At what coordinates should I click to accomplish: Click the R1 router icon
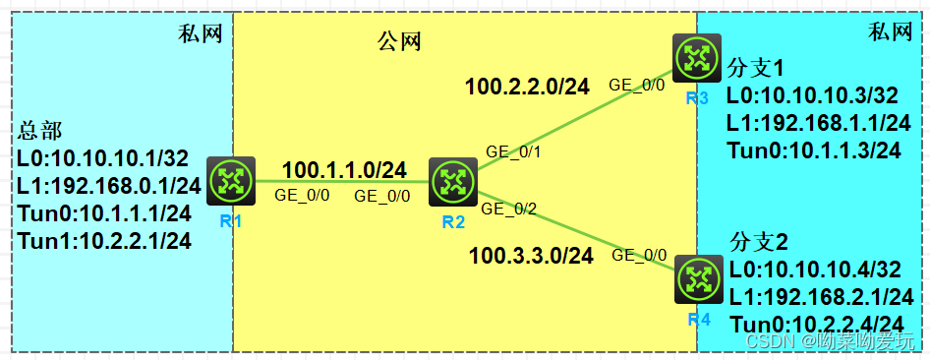click(x=231, y=180)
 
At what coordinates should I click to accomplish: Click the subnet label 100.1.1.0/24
click(x=344, y=170)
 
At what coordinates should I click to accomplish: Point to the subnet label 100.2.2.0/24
click(x=527, y=87)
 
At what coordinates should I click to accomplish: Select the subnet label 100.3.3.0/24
click(x=531, y=257)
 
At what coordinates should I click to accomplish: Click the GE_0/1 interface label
click(x=513, y=151)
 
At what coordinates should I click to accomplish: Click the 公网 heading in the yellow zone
click(x=399, y=41)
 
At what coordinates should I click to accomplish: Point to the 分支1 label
click(x=757, y=69)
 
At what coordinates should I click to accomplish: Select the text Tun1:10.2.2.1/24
click(x=108, y=239)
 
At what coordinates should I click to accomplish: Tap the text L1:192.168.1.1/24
click(x=818, y=123)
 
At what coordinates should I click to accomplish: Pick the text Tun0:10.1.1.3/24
click(x=813, y=150)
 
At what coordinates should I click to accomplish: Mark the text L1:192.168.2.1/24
click(x=822, y=297)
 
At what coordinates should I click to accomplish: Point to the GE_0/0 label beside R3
click(x=637, y=85)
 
